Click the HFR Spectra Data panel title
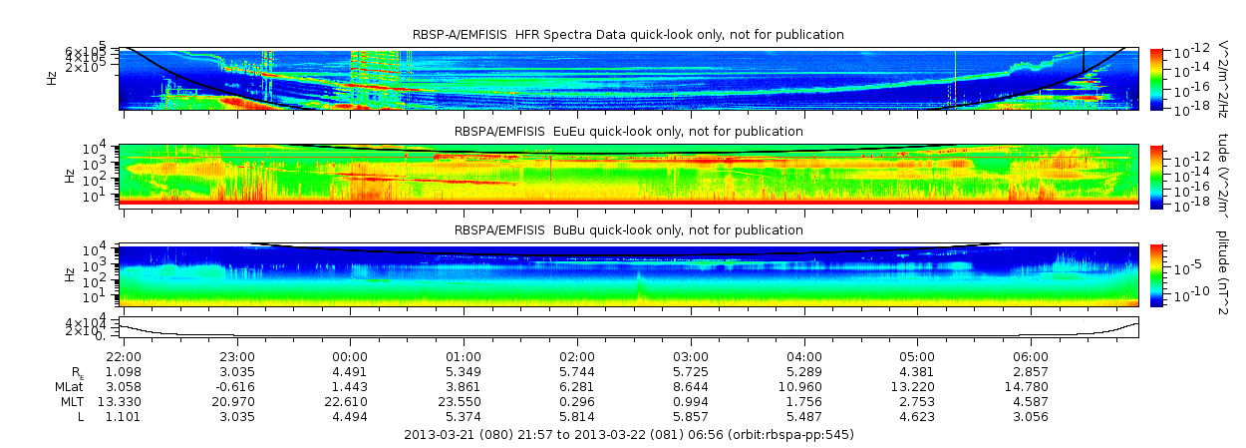pos(628,35)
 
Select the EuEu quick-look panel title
pos(628,131)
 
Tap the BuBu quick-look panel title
pos(628,230)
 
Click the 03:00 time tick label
pos(691,357)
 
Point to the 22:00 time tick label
pos(124,357)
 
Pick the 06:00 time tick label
pos(1031,357)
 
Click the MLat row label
pos(70,385)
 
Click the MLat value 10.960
pos(804,385)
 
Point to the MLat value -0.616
pos(236,385)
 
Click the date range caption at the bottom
pos(628,435)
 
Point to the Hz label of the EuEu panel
pos(70,176)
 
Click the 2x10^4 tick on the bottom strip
pos(100,330)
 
